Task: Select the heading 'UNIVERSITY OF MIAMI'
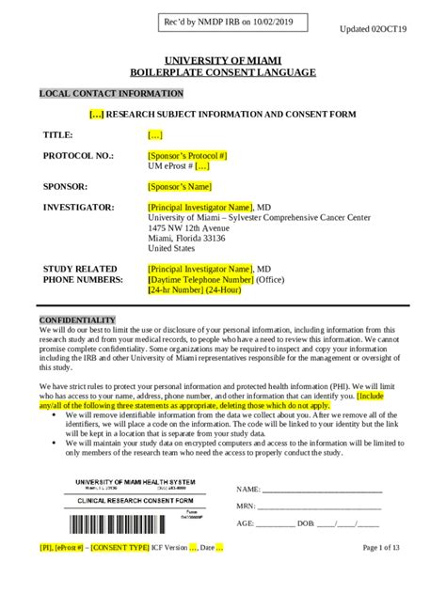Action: coord(222,59)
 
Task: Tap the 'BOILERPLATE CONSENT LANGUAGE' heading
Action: coord(222,72)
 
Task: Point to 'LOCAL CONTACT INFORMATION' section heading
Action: coord(111,94)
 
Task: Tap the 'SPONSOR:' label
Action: coord(65,186)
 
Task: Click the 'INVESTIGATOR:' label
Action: coord(79,207)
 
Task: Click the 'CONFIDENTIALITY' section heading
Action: coord(77,320)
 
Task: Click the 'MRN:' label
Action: coord(246,506)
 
